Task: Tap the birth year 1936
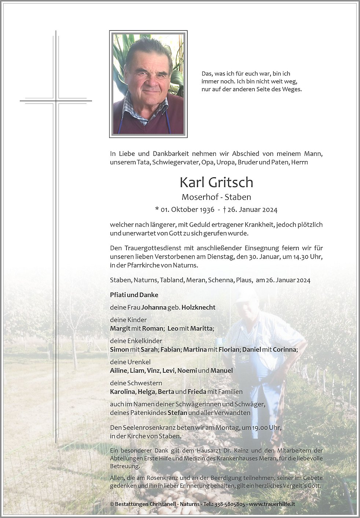(205, 210)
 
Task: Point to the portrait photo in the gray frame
(148, 84)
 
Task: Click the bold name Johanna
(154, 307)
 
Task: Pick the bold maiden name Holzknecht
(198, 307)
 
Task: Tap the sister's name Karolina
(123, 391)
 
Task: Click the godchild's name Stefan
(177, 412)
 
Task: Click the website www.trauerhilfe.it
(272, 504)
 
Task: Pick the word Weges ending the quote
(293, 89)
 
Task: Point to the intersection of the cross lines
(56, 100)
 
